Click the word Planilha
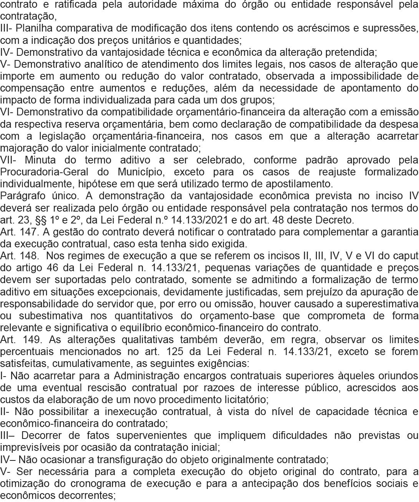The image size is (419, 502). (35, 28)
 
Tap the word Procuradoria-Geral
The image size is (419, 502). (36, 172)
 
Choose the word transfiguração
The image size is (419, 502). (134, 460)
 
